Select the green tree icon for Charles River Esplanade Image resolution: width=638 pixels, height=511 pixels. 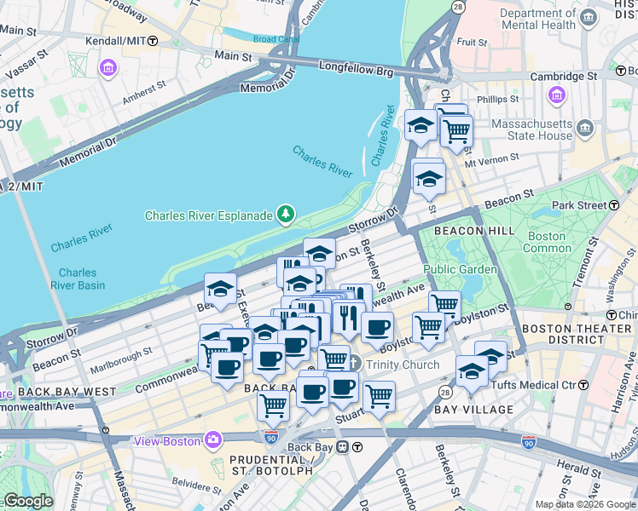[x=286, y=215]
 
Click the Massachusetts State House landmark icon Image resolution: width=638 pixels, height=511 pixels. [x=585, y=129]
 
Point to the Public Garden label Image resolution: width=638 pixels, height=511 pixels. [x=461, y=269]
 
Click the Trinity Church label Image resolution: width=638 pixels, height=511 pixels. [x=403, y=365]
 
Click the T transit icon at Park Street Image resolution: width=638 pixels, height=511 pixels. [x=614, y=205]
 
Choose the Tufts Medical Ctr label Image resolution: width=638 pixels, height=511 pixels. [x=535, y=385]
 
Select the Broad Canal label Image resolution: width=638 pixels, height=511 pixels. [x=276, y=39]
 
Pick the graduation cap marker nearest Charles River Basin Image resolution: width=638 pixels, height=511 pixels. [x=220, y=289]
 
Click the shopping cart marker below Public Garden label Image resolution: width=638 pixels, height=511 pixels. [x=444, y=303]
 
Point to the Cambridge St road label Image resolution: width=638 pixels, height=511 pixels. [x=563, y=76]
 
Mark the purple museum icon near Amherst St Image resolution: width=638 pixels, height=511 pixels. [x=108, y=67]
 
